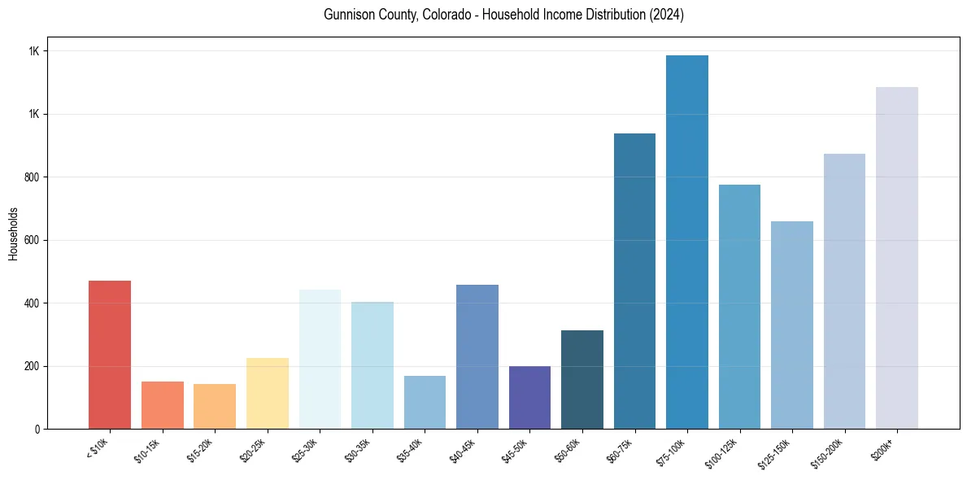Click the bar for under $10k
point(110,355)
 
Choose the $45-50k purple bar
point(529,398)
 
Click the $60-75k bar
point(634,281)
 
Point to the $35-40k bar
point(425,403)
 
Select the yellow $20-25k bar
point(268,394)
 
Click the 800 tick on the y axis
point(33,177)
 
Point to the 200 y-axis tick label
point(33,366)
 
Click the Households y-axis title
point(13,233)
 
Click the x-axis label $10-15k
point(147,448)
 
